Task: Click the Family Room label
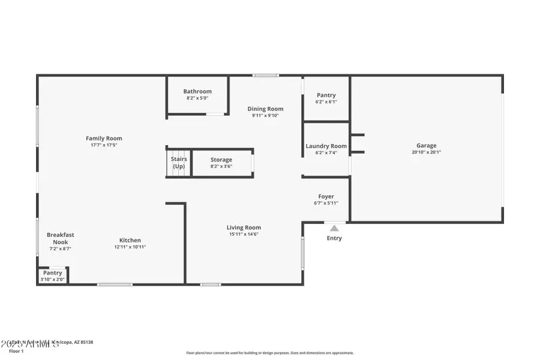click(x=104, y=138)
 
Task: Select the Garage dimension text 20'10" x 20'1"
click(x=427, y=152)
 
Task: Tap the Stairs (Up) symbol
click(x=179, y=163)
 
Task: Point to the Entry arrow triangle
click(x=334, y=227)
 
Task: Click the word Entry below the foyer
click(x=334, y=238)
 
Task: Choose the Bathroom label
click(x=197, y=91)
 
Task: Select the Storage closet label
click(x=221, y=160)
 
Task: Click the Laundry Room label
click(x=326, y=146)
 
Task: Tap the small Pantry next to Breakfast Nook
click(x=53, y=273)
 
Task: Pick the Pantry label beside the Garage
click(x=326, y=95)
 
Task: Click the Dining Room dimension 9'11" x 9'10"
click(x=265, y=116)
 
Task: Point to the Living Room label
click(x=244, y=227)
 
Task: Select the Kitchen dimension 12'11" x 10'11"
click(x=130, y=247)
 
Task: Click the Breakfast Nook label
click(x=61, y=238)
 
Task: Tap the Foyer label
click(x=326, y=196)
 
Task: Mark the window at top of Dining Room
click(x=265, y=76)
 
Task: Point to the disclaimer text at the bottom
click(x=270, y=353)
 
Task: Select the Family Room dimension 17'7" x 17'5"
click(x=104, y=145)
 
